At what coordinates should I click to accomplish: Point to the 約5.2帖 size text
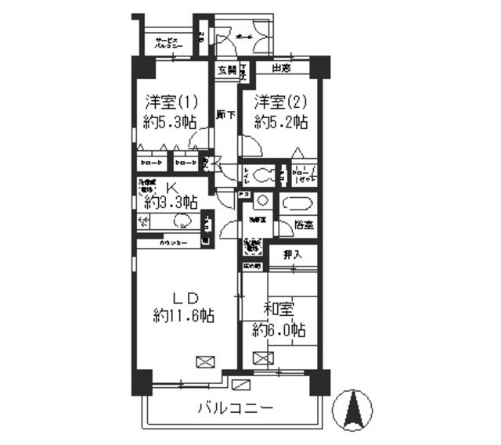pos(279,122)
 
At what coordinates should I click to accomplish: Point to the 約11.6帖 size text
pos(184,316)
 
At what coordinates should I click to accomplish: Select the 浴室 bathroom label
pos(305,224)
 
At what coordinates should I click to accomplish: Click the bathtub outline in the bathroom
pos(296,204)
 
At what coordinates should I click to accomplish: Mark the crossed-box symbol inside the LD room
pos(204,361)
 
